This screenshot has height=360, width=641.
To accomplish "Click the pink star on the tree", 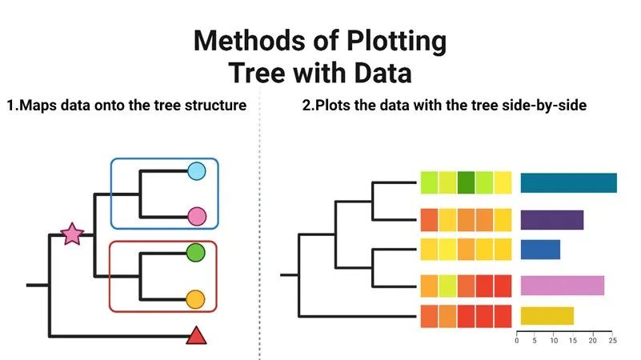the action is coord(72,234).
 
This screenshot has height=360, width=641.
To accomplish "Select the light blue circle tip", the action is coord(197,171).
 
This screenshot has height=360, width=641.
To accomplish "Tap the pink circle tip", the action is coord(197,217).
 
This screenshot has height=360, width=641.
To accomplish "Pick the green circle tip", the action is coord(195,253).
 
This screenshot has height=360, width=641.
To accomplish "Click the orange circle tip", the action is coord(195,299).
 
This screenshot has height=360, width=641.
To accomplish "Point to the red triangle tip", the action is coord(196,336).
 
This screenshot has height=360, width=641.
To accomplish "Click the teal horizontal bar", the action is coord(569,182).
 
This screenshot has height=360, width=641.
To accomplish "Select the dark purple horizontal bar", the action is coord(552,220).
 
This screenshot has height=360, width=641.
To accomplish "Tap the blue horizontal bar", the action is coord(540,250).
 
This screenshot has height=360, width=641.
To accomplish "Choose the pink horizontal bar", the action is coord(562,286).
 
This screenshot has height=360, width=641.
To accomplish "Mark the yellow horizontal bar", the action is coord(547,315).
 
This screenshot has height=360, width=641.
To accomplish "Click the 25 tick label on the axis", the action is coord(612,340).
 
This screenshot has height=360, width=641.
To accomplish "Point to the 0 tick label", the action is coord(517,340).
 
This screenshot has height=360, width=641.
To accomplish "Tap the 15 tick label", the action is coord(573,340).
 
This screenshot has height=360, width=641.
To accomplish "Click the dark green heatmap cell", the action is coord(466,182).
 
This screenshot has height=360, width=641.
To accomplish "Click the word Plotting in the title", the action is coord(397,42).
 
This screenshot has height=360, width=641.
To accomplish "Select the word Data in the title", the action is coord(383,73).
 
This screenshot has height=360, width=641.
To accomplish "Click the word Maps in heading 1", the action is coord(38,106).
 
